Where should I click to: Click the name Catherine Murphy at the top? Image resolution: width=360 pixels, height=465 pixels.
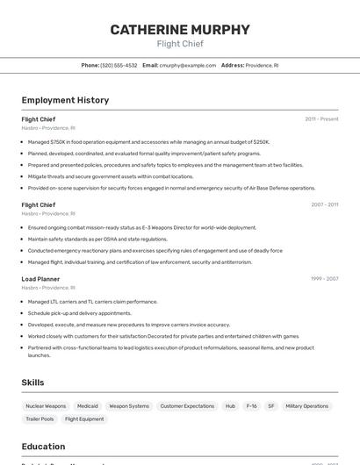[x=180, y=30]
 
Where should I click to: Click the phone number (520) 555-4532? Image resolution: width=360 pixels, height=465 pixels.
[x=119, y=65]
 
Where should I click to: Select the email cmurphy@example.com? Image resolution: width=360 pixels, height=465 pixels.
[x=187, y=65]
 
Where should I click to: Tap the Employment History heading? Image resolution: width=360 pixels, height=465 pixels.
[x=65, y=100]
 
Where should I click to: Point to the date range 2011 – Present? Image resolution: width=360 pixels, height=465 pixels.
[x=321, y=118]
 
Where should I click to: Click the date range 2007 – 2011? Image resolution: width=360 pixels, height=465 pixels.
[x=324, y=204]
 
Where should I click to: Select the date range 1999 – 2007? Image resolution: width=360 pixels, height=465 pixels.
[x=324, y=279]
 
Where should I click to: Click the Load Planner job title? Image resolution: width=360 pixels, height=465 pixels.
[x=40, y=279]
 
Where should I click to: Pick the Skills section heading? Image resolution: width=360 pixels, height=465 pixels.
[x=32, y=383]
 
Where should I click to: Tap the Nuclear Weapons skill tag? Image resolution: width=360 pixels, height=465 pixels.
[x=46, y=406]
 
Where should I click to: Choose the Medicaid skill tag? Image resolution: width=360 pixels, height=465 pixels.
[x=88, y=406]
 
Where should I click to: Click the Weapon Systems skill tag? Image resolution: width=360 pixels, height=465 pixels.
[x=129, y=406]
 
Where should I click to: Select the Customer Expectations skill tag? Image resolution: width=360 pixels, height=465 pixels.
[x=187, y=406]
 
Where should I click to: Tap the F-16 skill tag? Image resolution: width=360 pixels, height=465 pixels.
[x=252, y=406]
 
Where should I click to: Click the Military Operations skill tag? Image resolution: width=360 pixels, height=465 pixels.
[x=306, y=406]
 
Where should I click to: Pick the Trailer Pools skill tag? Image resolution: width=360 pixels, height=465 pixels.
[x=40, y=419]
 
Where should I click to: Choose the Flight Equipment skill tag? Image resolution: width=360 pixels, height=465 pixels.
[x=84, y=419]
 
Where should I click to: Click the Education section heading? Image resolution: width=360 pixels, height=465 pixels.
[x=43, y=446]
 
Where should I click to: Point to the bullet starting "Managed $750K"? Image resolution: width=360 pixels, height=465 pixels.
[x=148, y=141]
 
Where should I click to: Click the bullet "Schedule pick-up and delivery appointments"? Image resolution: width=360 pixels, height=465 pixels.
[x=79, y=312]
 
